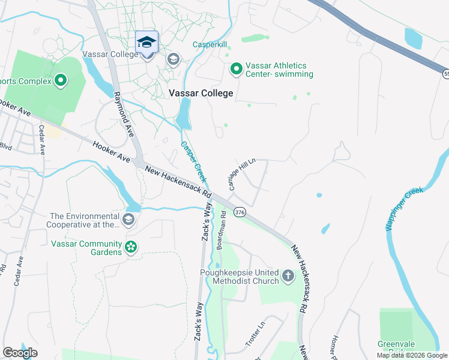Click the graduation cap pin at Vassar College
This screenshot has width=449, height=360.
[146, 43]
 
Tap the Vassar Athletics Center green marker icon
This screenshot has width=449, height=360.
[237, 70]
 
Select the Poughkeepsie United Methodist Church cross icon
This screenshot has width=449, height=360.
[289, 277]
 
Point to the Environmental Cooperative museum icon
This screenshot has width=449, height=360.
[128, 220]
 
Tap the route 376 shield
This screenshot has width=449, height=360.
[240, 212]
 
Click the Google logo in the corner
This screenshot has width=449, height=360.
[20, 353]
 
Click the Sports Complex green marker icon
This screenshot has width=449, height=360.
[61, 80]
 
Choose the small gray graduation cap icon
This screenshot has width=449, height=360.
[173, 59]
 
